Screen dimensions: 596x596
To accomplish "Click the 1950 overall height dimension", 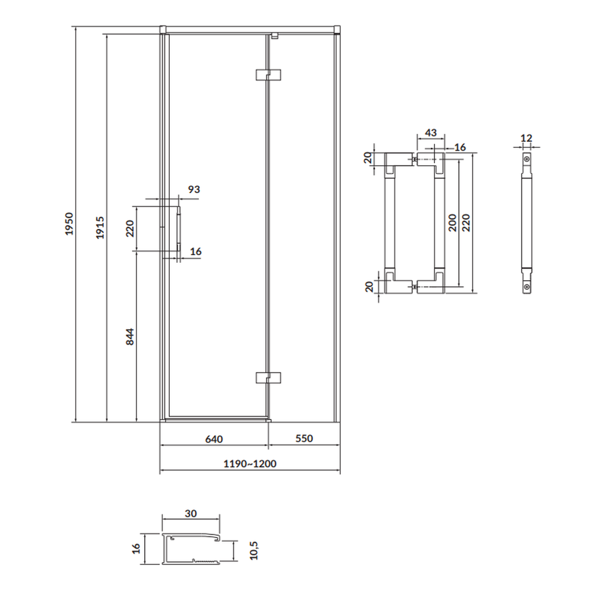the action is [69, 224].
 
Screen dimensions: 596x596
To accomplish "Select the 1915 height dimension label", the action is [100, 227].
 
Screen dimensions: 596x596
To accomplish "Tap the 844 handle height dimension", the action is [130, 337].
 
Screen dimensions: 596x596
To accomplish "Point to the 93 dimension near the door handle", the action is [194, 190].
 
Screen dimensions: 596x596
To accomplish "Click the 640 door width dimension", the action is [214, 439].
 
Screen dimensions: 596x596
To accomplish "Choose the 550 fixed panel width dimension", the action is [304, 439].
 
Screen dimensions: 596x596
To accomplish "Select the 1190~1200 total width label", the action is [250, 464].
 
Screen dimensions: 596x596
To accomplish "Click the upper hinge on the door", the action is [268, 74].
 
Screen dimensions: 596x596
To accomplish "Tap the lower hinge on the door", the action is [268, 378].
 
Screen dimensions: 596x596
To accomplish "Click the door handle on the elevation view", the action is [178, 228].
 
